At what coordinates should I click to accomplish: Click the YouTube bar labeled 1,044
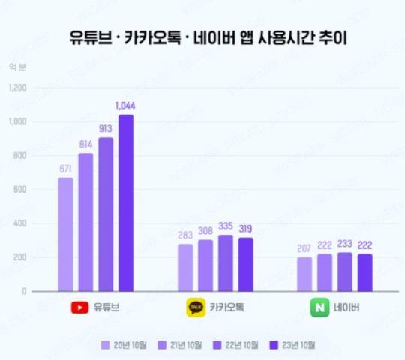(x=126, y=202)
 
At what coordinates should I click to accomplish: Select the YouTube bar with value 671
(x=66, y=234)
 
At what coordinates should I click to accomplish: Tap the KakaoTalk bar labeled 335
(x=226, y=262)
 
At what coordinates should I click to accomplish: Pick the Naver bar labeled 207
(x=304, y=274)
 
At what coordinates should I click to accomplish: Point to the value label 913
(x=106, y=128)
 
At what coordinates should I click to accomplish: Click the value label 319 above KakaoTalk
(x=245, y=229)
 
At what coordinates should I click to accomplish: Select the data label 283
(x=184, y=235)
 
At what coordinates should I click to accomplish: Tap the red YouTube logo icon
(x=79, y=307)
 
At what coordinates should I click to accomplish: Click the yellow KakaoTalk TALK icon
(x=196, y=307)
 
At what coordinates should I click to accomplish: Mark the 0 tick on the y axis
(x=24, y=291)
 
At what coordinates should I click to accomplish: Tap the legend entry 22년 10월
(x=240, y=345)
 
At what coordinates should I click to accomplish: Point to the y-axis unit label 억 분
(x=16, y=67)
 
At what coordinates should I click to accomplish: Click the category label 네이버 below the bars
(x=347, y=307)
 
